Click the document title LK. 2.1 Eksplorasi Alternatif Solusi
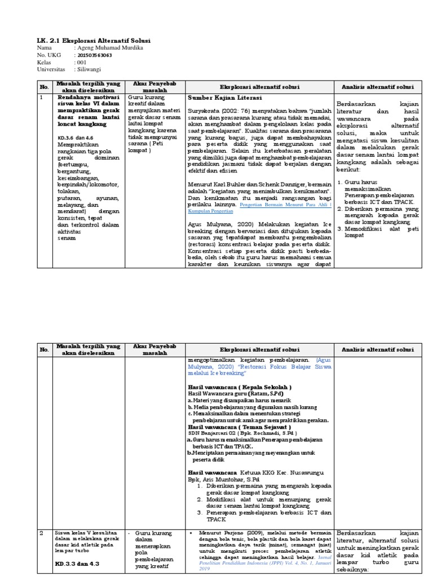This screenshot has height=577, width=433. pyautogui.click(x=94, y=41)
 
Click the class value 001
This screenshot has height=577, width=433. pyautogui.click(x=82, y=62)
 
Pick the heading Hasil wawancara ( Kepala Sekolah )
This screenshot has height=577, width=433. pyautogui.click(x=240, y=387)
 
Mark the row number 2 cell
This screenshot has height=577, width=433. pyautogui.click(x=41, y=532)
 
